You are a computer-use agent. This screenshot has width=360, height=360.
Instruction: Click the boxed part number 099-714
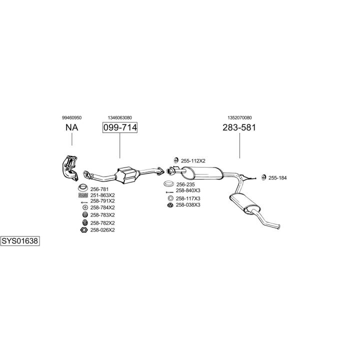point(120,127)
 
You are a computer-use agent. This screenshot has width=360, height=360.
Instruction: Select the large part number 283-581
point(239,127)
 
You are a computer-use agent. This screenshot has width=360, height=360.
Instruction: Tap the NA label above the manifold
point(72,127)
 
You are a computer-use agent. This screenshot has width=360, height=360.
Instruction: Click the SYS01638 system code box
point(20,241)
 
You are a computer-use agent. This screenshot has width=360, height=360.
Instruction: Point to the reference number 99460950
point(71,118)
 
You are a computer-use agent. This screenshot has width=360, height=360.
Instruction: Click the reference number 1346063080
point(120,118)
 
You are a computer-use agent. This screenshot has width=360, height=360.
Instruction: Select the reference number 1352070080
point(239,118)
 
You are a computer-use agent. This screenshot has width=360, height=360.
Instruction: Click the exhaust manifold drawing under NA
point(70,168)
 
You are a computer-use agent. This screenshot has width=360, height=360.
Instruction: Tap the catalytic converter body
point(127,175)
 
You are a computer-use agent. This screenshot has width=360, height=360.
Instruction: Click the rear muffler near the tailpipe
point(244,203)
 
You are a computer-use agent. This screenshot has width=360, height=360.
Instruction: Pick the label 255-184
point(277,178)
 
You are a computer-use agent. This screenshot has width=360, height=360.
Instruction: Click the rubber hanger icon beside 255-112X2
point(176,160)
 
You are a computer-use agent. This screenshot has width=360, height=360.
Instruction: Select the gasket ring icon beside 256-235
point(169,184)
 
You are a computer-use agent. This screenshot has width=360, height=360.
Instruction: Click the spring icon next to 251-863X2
point(83,195)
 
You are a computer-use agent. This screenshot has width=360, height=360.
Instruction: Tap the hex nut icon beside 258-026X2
point(84,230)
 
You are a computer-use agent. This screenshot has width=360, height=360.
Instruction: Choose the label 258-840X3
point(188,190)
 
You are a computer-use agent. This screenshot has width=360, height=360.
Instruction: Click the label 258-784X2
point(102,207)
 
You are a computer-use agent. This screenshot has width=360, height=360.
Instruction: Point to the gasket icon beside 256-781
point(83,188)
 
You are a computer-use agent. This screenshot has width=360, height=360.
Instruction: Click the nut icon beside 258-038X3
point(170,205)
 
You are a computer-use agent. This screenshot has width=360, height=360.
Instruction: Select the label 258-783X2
point(102,215)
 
